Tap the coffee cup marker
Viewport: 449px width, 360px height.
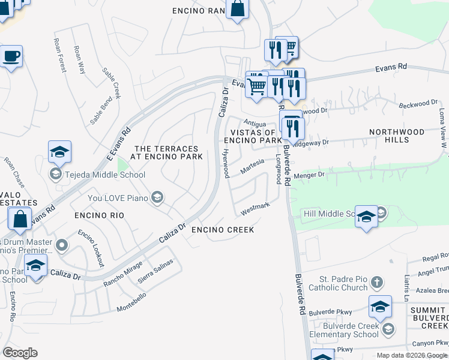tap(11, 57)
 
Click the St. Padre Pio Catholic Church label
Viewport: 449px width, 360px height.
tap(343, 283)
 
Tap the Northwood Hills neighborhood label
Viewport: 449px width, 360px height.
tap(397, 136)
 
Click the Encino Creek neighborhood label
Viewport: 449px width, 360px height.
tap(222, 230)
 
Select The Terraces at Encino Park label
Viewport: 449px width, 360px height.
tap(166, 152)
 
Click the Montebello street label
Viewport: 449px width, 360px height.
tap(131, 299)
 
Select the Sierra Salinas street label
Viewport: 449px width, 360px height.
tap(155, 271)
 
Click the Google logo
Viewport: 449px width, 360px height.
tap(20, 353)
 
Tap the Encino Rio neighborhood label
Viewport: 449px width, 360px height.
tap(99, 215)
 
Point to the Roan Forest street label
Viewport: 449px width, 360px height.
tap(59, 55)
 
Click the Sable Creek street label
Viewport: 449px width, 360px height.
tap(112, 83)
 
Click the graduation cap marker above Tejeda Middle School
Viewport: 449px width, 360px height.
tap(59, 152)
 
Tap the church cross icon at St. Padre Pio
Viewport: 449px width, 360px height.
tap(376, 282)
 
